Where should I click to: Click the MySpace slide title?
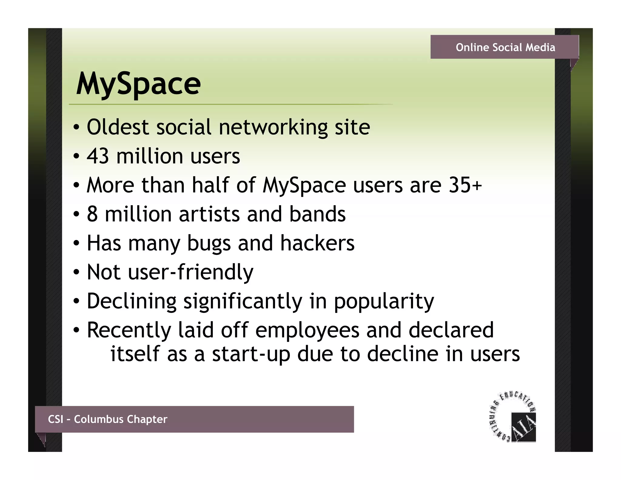(138, 83)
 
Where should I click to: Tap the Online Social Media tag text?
(505, 47)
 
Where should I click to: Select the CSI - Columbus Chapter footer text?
(108, 419)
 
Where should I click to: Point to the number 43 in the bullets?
(98, 156)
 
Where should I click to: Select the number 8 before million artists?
(92, 214)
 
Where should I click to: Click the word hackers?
(317, 243)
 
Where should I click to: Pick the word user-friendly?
(191, 272)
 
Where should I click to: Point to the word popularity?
(384, 301)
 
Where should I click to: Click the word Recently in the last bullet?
(129, 330)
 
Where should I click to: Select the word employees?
(307, 330)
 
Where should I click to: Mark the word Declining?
(132, 301)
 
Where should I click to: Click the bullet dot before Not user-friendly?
(76, 272)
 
